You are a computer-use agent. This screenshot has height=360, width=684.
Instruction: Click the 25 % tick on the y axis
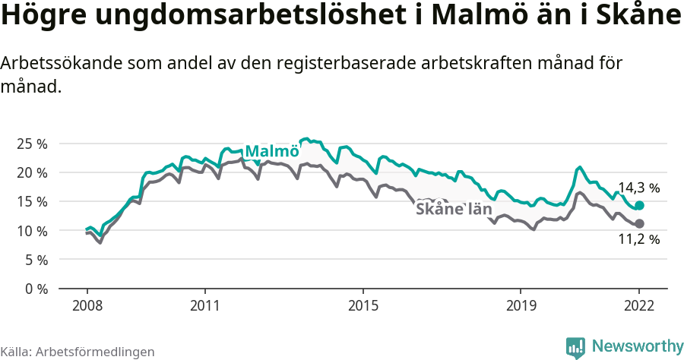(31, 144)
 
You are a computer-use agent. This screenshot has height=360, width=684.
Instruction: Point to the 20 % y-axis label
(31, 172)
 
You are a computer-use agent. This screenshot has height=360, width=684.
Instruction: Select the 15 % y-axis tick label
(31, 201)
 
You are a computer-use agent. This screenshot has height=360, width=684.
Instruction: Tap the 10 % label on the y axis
(31, 230)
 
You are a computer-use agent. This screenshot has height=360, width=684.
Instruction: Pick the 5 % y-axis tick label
(35, 260)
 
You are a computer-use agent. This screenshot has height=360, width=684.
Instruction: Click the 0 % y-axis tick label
(35, 289)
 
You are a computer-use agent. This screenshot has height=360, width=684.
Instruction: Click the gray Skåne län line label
(454, 209)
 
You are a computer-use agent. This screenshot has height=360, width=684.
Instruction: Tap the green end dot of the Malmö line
(639, 206)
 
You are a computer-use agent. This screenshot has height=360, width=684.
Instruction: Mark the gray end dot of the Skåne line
(639, 223)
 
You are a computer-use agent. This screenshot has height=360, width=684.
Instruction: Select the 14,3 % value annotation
(638, 188)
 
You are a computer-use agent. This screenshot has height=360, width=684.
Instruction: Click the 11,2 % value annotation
(638, 239)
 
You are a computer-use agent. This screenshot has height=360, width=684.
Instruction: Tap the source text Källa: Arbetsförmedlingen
(78, 352)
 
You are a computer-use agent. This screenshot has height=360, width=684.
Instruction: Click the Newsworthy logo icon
(575, 347)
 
